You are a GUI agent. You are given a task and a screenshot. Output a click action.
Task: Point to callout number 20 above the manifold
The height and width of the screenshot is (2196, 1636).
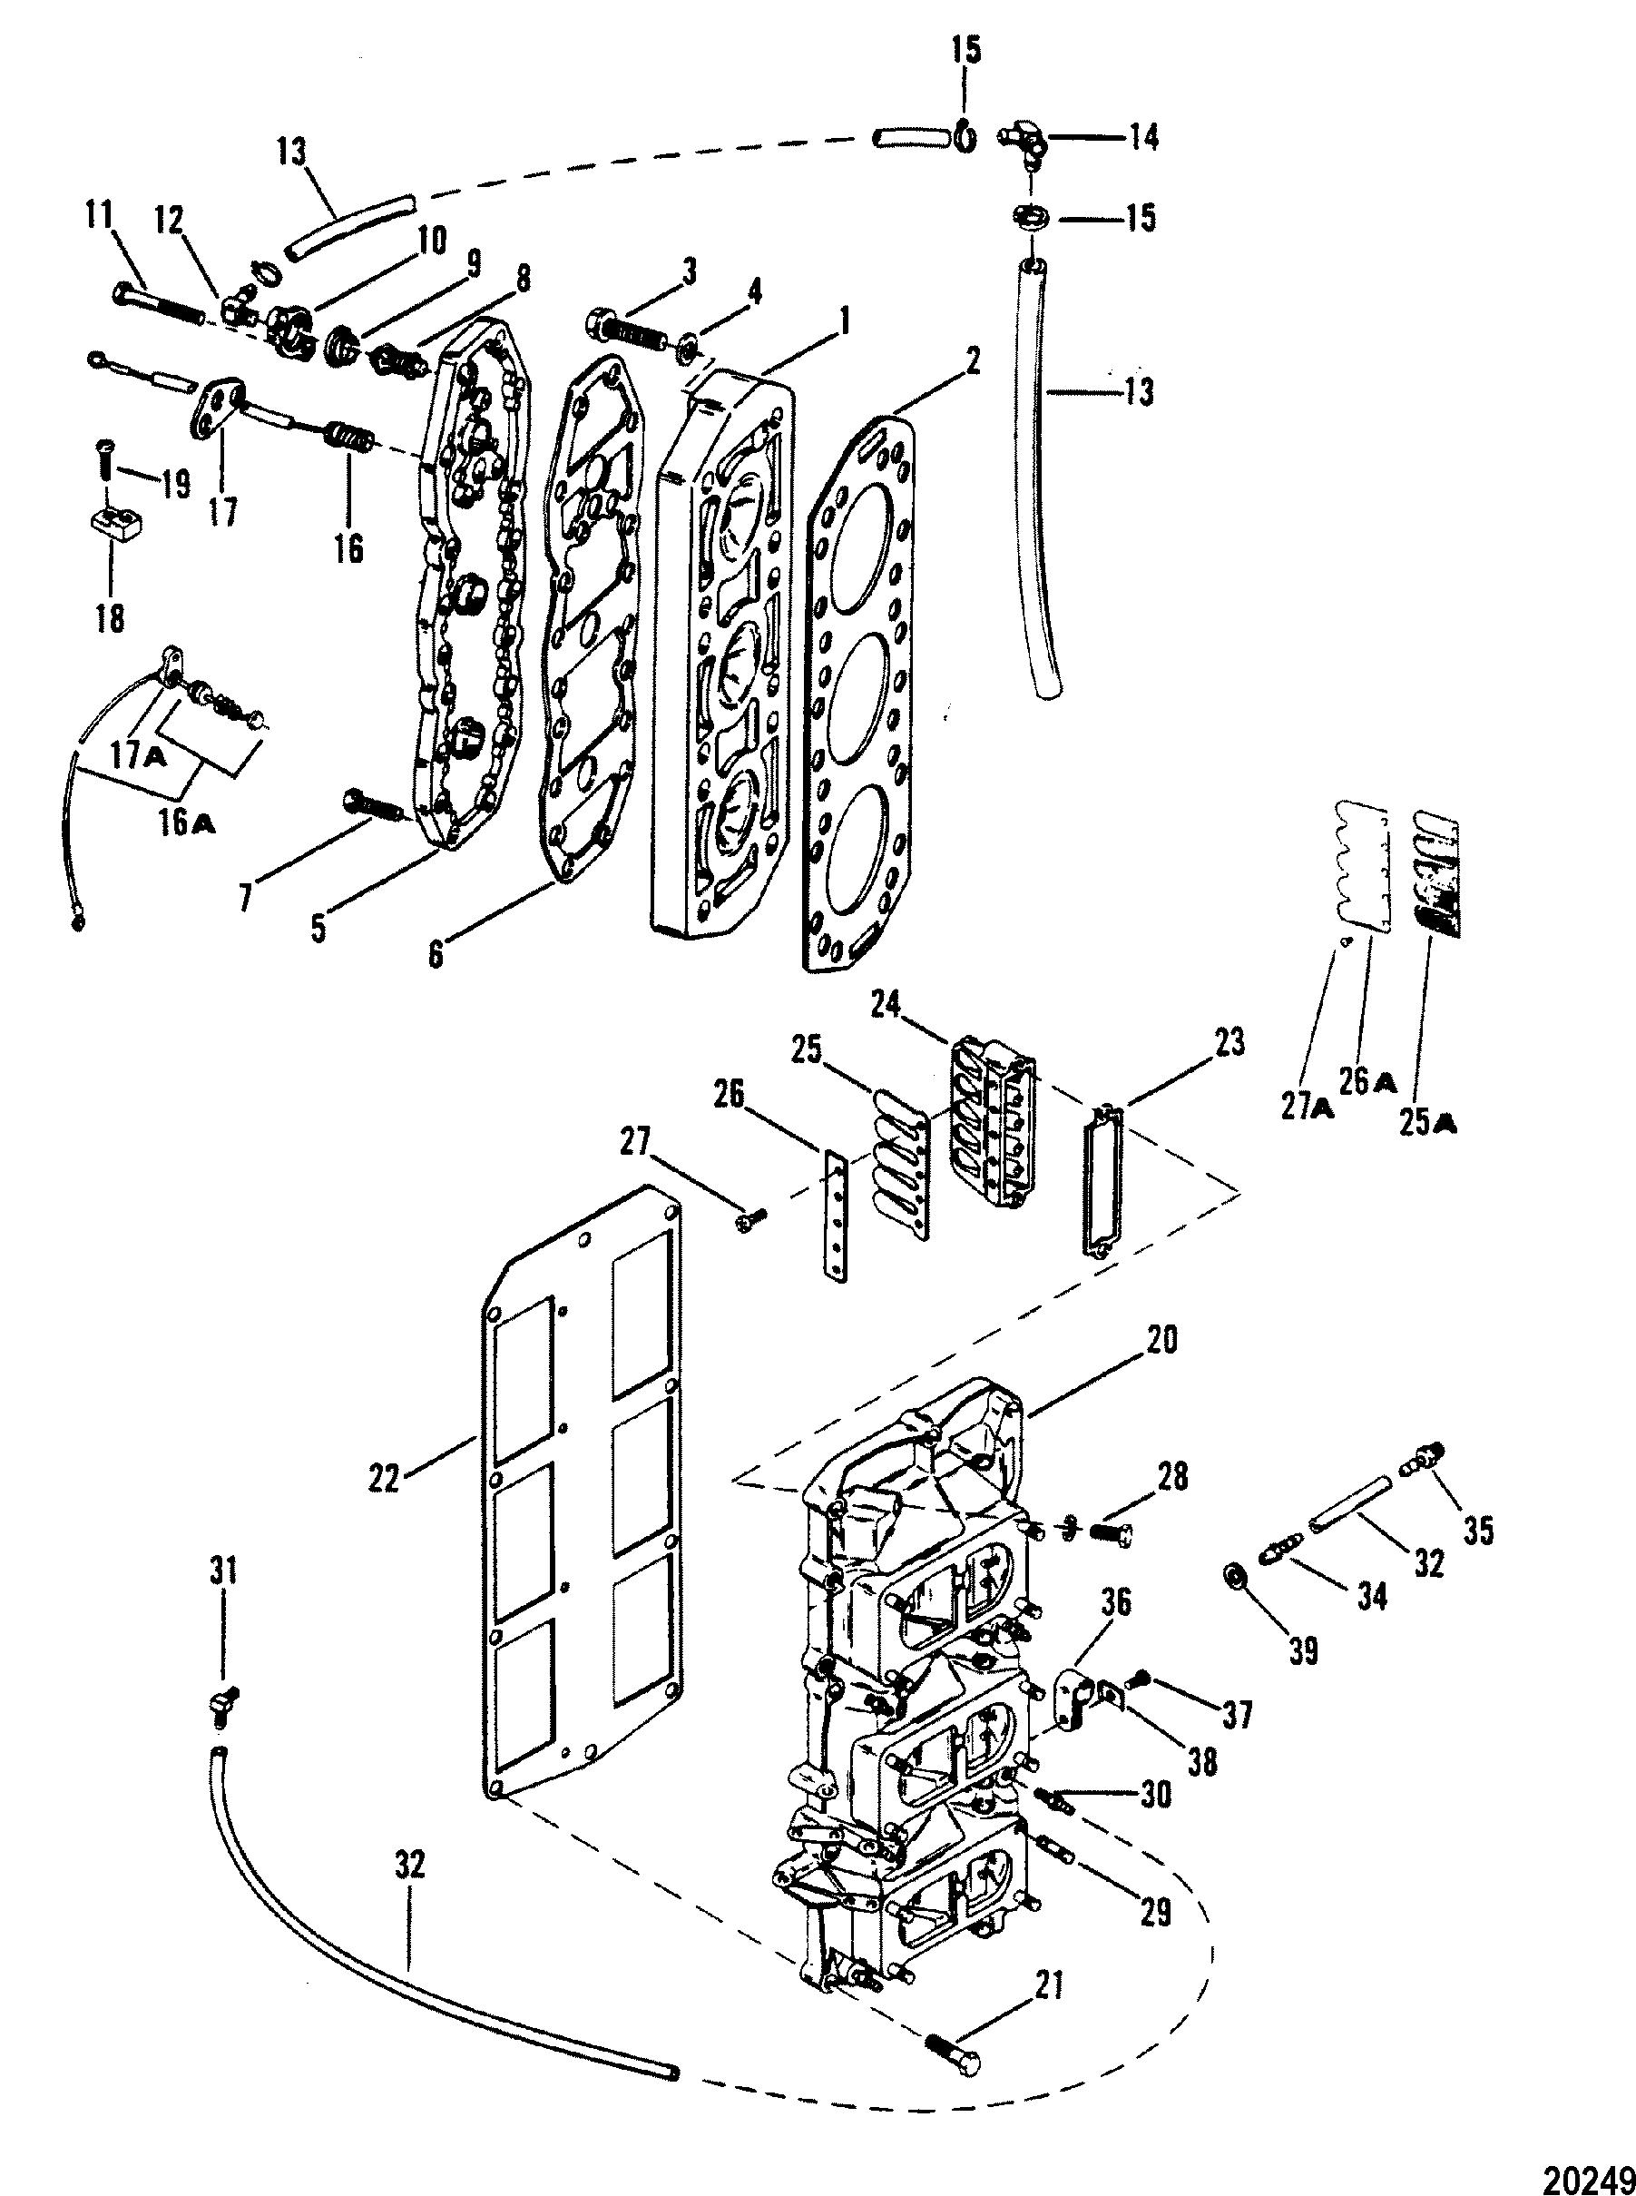click(1162, 1341)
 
